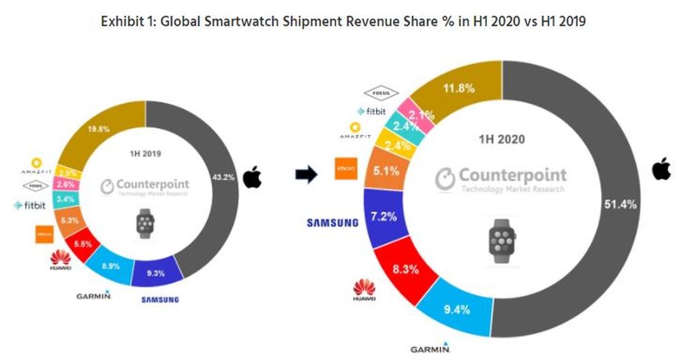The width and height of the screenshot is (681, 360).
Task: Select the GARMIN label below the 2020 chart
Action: [x=430, y=348]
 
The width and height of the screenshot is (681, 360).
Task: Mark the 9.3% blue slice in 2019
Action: [x=157, y=274]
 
